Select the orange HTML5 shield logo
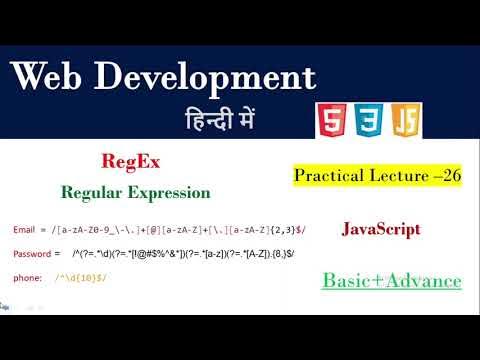[329, 120]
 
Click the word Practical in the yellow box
[327, 176]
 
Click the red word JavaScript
[381, 229]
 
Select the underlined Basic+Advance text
[391, 281]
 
